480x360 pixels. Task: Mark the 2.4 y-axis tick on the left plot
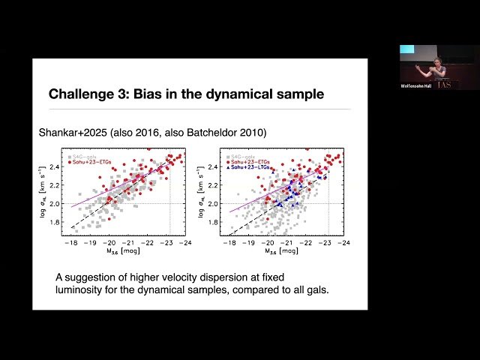tap(55, 167)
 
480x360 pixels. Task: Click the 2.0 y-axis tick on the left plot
tap(55, 203)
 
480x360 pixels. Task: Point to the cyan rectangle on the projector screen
tap(406, 49)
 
